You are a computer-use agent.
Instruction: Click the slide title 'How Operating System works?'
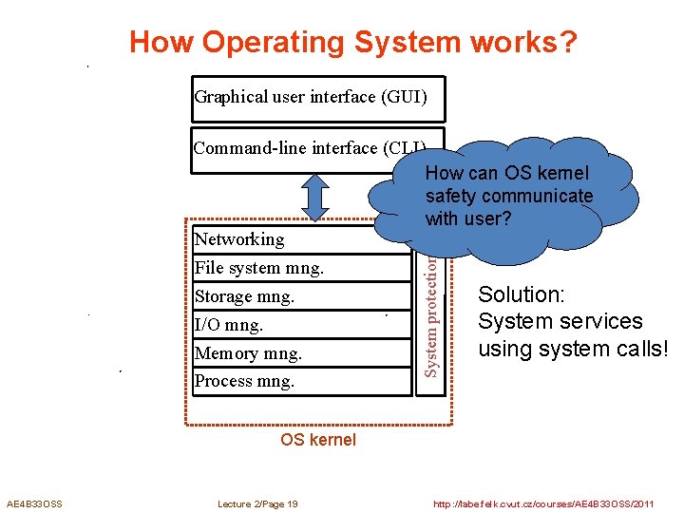pyautogui.click(x=353, y=43)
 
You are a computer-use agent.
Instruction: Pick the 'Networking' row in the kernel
pyautogui.click(x=239, y=239)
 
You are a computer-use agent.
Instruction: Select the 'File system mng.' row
pyautogui.click(x=258, y=268)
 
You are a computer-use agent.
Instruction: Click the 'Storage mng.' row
pyautogui.click(x=244, y=296)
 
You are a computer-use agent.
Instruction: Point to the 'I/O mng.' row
pyautogui.click(x=229, y=325)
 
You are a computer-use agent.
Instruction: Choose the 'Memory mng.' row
pyautogui.click(x=247, y=353)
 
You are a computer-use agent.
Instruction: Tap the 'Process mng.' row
pyautogui.click(x=244, y=382)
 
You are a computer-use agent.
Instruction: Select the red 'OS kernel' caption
pyautogui.click(x=318, y=440)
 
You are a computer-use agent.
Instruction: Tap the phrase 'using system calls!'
pyautogui.click(x=573, y=349)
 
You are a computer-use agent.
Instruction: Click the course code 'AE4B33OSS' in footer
pyautogui.click(x=34, y=503)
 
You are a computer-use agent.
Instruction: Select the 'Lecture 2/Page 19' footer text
pyautogui.click(x=257, y=503)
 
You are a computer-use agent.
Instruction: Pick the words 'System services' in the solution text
pyautogui.click(x=560, y=322)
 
